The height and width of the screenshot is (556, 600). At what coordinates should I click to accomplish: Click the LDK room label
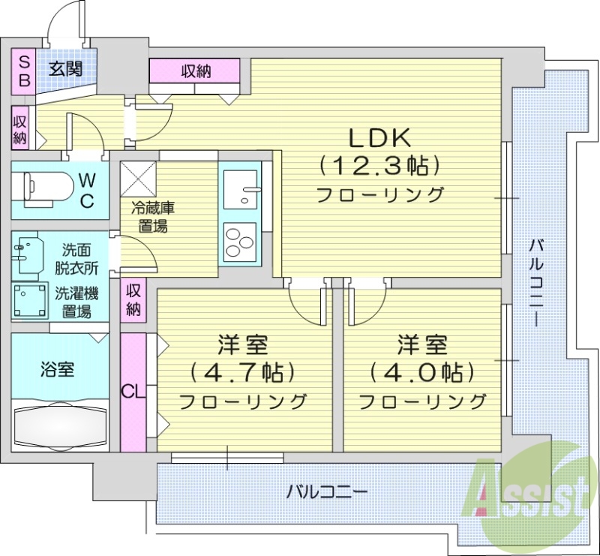379,137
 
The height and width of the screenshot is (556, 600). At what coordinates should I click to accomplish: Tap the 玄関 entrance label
65,70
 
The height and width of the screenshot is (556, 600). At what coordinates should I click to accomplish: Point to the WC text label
87,189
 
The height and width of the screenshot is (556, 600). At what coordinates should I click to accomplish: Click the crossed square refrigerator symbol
139,179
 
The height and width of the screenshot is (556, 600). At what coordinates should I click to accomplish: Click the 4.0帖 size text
421,372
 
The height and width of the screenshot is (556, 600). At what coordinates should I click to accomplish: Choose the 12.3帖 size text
379,165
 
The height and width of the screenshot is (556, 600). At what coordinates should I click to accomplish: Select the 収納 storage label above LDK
195,71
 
